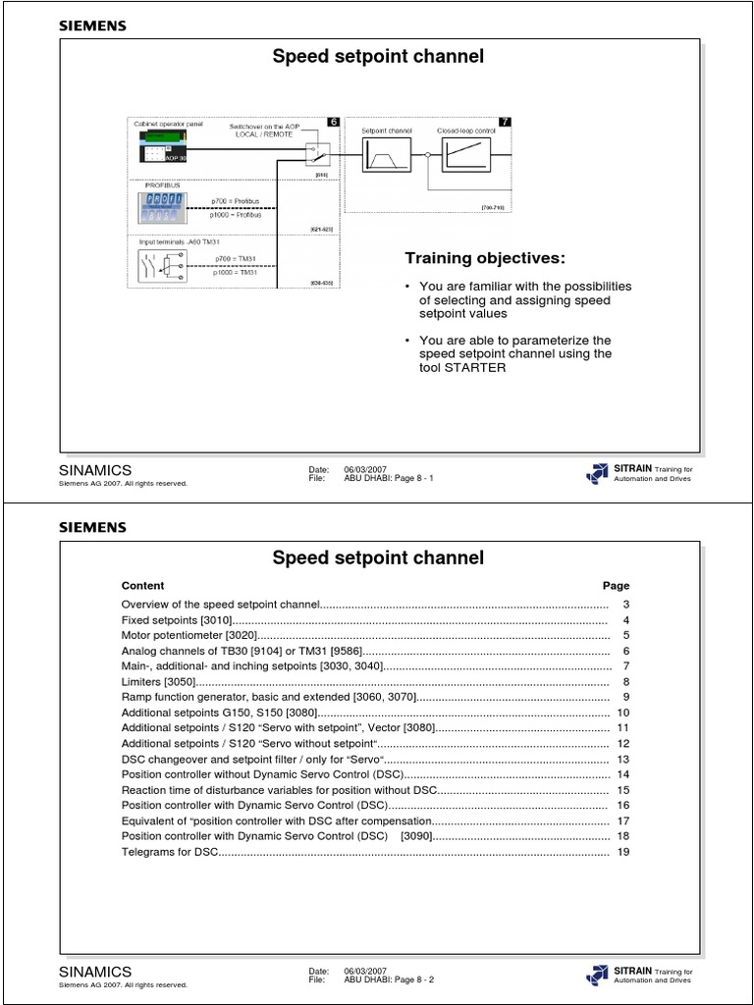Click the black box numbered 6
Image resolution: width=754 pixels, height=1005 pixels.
click(333, 122)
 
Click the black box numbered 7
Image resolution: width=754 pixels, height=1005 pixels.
click(505, 122)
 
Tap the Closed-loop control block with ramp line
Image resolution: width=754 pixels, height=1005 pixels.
click(464, 154)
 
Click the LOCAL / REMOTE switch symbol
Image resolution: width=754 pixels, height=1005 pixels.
click(316, 154)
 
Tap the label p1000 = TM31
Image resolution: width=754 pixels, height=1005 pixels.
click(235, 273)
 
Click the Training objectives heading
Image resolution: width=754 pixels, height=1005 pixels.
click(485, 258)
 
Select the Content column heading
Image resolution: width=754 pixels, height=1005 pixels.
click(142, 585)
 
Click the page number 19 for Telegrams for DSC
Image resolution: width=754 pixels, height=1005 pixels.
click(622, 852)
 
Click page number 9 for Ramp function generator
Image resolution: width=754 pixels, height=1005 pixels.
click(624, 696)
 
